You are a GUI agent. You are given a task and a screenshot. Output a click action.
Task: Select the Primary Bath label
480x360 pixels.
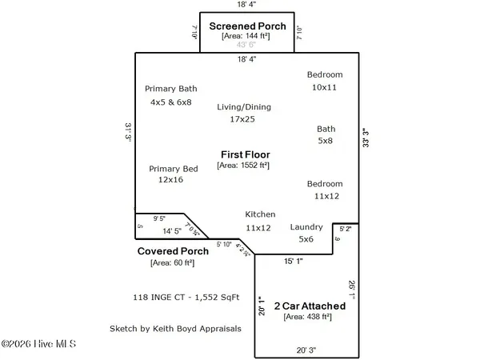coord(170,89)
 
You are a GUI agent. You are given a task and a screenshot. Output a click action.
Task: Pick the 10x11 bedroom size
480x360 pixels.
coord(326,86)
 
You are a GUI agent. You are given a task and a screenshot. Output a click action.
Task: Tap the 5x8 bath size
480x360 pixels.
coord(326,141)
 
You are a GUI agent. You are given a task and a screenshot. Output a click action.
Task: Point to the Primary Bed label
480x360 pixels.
coord(174,169)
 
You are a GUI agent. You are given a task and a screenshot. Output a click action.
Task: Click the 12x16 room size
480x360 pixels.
coord(171,180)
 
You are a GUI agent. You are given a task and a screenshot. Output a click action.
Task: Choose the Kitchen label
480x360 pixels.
coord(260,214)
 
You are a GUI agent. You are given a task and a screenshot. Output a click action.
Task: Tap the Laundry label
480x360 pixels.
coord(306,227)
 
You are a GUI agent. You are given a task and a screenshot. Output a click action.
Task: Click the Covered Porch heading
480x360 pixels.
coord(174,250)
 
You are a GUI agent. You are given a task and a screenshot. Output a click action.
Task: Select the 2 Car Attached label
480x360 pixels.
coord(310,306)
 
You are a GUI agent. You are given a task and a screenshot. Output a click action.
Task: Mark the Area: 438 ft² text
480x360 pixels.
coord(310,317)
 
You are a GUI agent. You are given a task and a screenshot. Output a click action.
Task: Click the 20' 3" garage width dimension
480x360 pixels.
coord(307,349)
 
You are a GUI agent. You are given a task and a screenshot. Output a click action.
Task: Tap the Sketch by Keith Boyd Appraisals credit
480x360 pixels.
coord(175,328)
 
